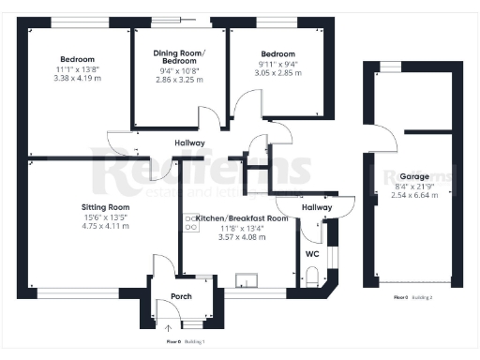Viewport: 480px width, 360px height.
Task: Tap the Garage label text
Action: pyautogui.click(x=414, y=176)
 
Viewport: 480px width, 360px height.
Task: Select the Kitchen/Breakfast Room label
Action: pyautogui.click(x=242, y=217)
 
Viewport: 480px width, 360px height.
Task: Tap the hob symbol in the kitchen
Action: pyautogui.click(x=191, y=222)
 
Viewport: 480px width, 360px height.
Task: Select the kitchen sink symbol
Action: pyautogui.click(x=249, y=278)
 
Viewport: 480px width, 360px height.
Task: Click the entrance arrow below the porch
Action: pyautogui.click(x=169, y=327)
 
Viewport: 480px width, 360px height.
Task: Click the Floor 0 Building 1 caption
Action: pyautogui.click(x=186, y=342)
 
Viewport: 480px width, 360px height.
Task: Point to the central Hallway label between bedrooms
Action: pyautogui.click(x=191, y=143)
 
